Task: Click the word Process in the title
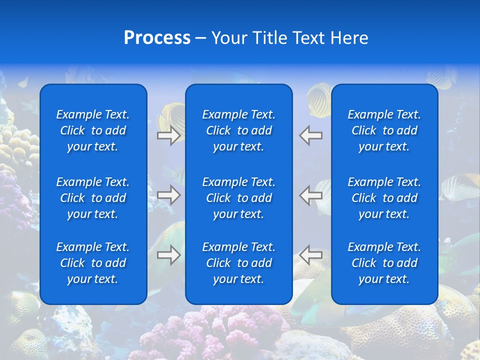click(x=157, y=38)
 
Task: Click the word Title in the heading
click(x=269, y=38)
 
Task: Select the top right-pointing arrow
click(x=168, y=135)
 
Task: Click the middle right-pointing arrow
click(x=168, y=195)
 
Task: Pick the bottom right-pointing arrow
click(x=168, y=255)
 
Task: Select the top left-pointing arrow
click(x=311, y=135)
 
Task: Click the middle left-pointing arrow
click(x=311, y=195)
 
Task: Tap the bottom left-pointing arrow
click(x=311, y=255)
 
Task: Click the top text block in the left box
click(x=93, y=130)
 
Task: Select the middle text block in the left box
click(x=93, y=198)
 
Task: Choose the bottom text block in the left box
click(x=93, y=263)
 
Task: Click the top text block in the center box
click(x=238, y=130)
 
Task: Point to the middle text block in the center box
click(x=238, y=198)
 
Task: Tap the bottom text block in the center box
click(x=238, y=263)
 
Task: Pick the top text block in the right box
click(x=384, y=130)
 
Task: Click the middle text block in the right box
click(x=384, y=198)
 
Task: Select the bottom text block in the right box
click(x=384, y=263)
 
